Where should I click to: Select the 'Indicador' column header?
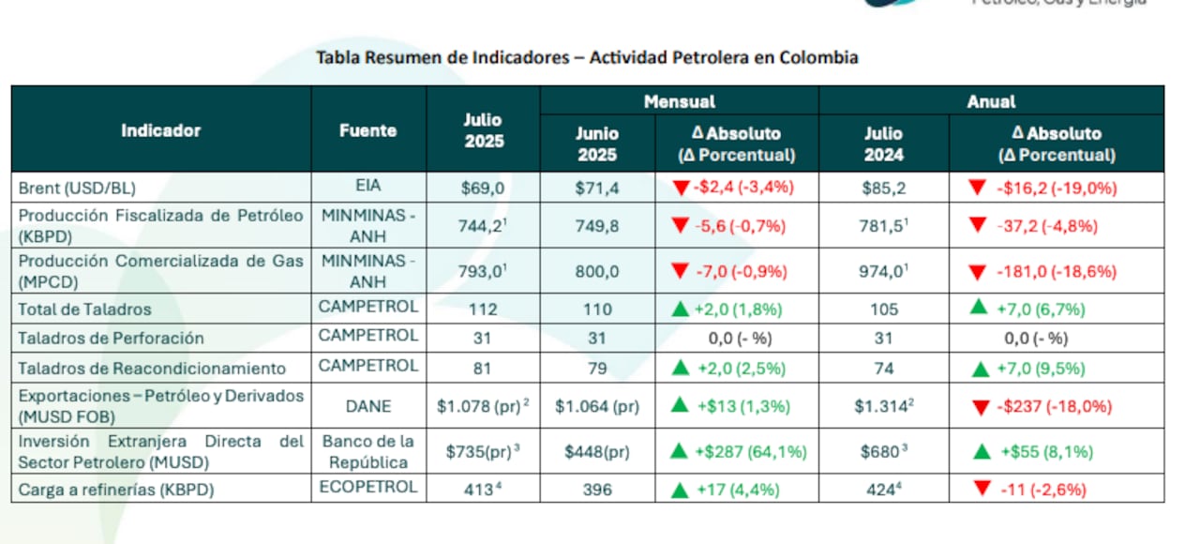[160, 130]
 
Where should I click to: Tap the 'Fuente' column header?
[367, 130]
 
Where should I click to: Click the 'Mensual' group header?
[679, 101]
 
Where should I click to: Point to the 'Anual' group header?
[990, 101]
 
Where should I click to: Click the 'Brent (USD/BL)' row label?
[83, 188]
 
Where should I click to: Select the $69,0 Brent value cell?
[483, 188]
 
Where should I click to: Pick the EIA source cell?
[368, 187]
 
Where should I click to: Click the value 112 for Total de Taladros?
[483, 309]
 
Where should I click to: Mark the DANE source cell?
[368, 407]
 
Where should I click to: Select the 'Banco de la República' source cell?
[368, 451]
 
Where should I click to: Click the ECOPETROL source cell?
[368, 488]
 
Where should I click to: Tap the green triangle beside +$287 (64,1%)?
[679, 452]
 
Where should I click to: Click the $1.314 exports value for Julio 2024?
[881, 407]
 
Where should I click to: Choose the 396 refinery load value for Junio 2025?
[596, 489]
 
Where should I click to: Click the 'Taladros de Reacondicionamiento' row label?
[153, 369]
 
